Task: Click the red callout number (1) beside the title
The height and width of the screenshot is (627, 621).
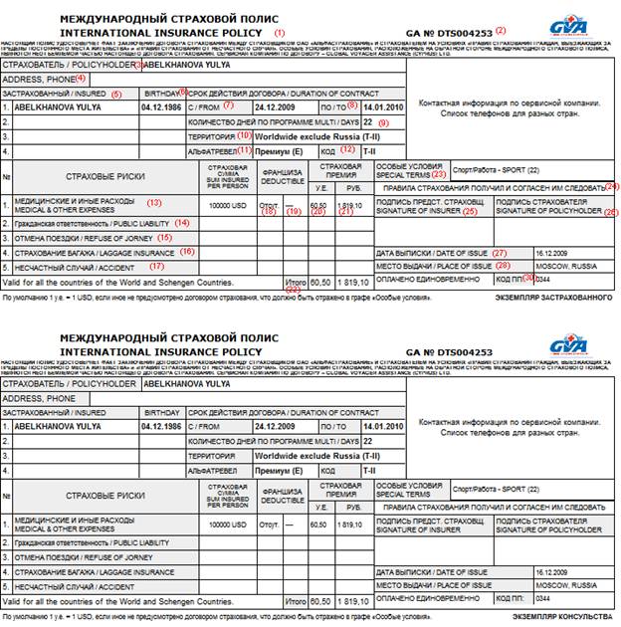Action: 280,32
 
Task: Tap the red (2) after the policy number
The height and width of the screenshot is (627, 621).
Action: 528,31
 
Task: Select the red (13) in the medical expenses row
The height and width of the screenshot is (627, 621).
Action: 153,202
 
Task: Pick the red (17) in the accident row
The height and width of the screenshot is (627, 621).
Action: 156,266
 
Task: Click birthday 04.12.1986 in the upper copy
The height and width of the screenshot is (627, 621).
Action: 162,106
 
